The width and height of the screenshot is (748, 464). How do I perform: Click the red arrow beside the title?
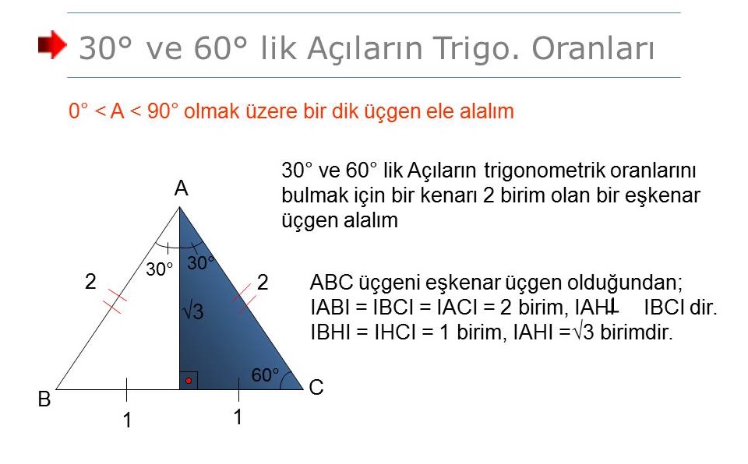(x=52, y=45)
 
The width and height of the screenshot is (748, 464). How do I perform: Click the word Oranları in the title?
(x=593, y=48)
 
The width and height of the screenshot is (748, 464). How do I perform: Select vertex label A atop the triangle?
(x=182, y=189)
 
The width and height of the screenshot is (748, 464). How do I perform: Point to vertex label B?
(x=44, y=399)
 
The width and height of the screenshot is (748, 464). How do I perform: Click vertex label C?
(x=316, y=387)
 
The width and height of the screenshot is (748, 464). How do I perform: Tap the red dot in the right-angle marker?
(x=189, y=381)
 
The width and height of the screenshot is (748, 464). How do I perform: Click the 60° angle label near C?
(x=265, y=374)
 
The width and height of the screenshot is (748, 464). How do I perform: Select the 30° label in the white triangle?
(x=159, y=269)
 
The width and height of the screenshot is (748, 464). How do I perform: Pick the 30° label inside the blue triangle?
(x=200, y=263)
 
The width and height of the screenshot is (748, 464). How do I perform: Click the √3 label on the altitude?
(x=193, y=311)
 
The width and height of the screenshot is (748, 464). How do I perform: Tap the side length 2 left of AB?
(x=90, y=281)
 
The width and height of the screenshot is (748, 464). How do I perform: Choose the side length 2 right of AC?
(x=263, y=283)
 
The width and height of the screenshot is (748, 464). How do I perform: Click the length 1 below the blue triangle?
(x=238, y=417)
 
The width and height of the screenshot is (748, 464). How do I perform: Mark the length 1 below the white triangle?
(x=127, y=420)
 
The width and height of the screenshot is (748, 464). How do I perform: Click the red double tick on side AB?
(x=115, y=301)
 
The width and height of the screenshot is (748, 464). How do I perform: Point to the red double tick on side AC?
(x=245, y=298)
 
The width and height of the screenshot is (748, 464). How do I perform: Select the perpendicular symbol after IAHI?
(x=612, y=307)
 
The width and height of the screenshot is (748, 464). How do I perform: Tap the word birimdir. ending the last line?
(x=637, y=332)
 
